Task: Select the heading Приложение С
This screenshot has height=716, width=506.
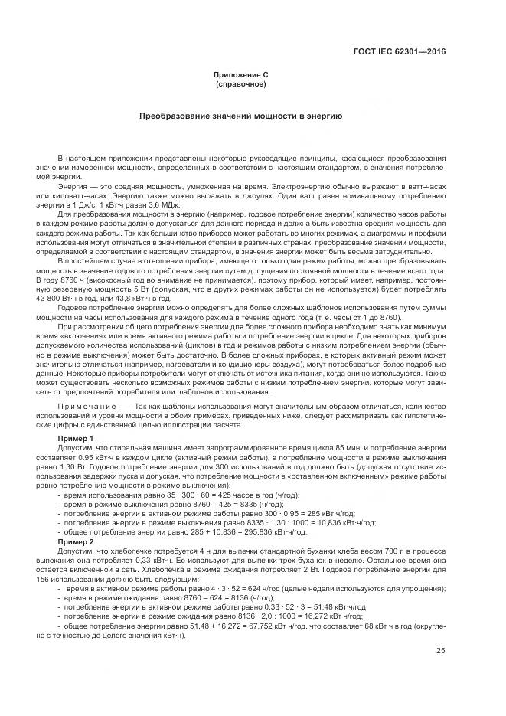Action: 240,75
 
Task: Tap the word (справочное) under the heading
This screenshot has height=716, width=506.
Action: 240,83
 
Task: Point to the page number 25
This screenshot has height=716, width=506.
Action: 440,651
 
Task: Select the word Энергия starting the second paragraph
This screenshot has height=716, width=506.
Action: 72,186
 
